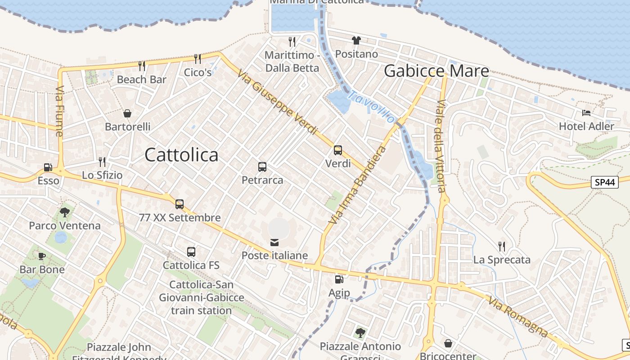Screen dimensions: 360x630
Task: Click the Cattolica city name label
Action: click(181, 155)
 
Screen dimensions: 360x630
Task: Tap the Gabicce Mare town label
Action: click(436, 71)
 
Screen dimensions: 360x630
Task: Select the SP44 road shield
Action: click(604, 182)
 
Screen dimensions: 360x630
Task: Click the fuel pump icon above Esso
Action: click(48, 167)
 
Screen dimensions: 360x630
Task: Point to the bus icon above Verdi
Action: click(338, 150)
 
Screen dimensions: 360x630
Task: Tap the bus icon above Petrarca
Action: click(262, 167)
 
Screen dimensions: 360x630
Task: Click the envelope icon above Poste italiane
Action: click(274, 243)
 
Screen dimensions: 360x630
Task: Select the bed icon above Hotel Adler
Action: click(586, 113)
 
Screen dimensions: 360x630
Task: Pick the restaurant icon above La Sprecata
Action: click(502, 246)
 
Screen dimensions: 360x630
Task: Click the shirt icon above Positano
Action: click(356, 40)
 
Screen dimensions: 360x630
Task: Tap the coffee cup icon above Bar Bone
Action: click(42, 256)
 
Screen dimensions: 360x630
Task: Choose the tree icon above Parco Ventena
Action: click(65, 212)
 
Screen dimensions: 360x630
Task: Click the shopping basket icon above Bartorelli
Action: click(127, 113)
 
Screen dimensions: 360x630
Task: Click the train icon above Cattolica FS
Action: click(191, 252)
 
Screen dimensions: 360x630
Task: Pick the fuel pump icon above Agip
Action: click(339, 280)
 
